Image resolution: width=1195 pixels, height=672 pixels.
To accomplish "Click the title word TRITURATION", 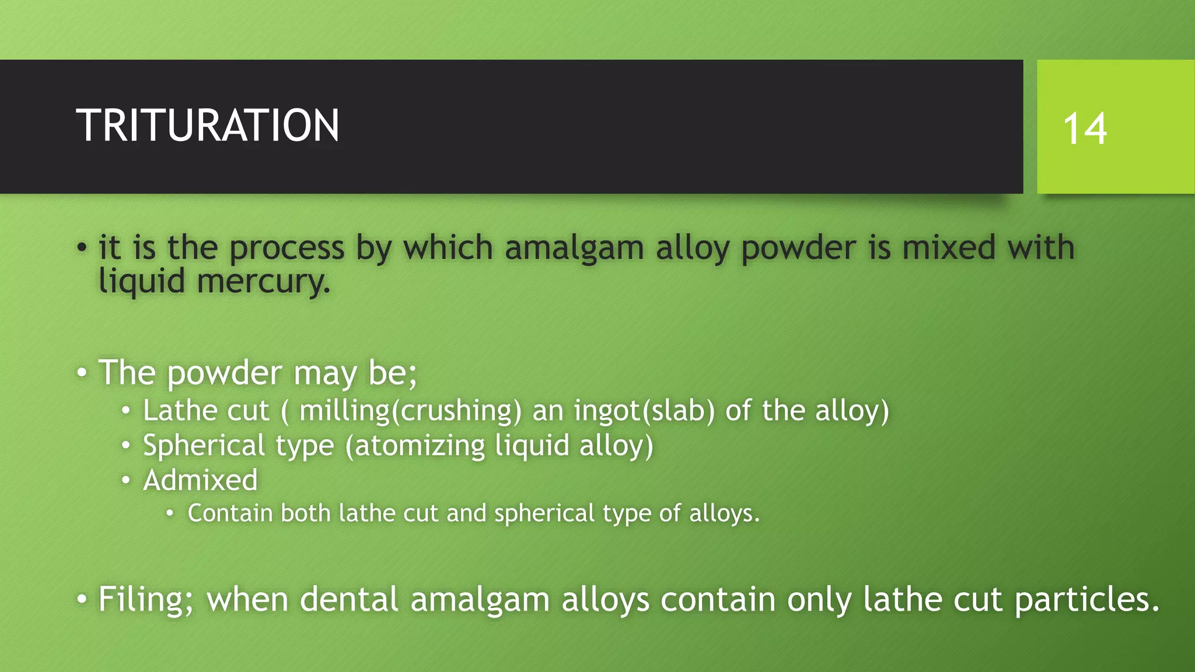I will point(207,125).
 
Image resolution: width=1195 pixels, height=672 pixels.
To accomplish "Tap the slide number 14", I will point(1084,129).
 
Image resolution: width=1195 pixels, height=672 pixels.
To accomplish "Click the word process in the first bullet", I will point(286,249).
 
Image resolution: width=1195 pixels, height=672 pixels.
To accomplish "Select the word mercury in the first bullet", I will point(263,282).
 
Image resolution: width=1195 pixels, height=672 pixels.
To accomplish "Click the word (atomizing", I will point(415,446).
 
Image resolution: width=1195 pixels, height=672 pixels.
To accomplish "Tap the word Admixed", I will point(200,480).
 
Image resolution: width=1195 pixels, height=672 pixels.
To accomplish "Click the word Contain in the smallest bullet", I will point(230,513).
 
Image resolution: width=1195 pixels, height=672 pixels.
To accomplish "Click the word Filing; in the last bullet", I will point(145,600).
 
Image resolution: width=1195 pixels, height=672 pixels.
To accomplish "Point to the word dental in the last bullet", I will point(349,599).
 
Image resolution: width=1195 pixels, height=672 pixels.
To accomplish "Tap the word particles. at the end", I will point(1087,600).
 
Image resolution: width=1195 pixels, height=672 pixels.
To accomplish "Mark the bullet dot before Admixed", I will point(126,481).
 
